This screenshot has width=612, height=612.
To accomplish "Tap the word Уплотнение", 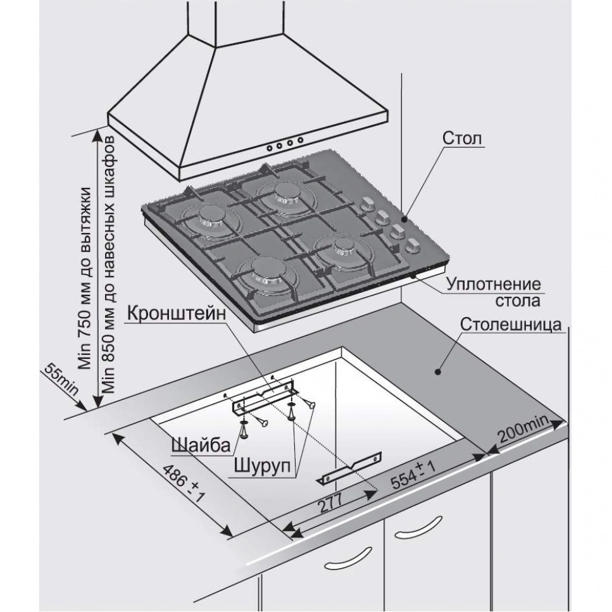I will (x=494, y=284).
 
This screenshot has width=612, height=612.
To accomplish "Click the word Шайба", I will (x=199, y=446).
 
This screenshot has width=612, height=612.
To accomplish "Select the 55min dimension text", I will (x=61, y=380).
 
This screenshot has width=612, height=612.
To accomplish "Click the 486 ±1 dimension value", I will (x=183, y=484).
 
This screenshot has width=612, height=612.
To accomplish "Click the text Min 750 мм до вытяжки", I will (x=86, y=278).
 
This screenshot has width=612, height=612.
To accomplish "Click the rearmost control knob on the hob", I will (x=366, y=205).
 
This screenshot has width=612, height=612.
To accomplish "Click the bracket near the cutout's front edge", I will (x=351, y=468).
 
